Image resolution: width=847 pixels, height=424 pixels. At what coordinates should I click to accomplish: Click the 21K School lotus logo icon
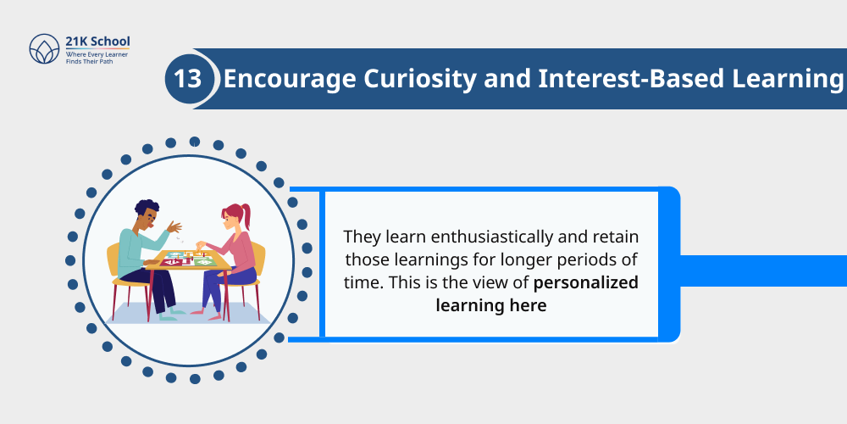(42, 49)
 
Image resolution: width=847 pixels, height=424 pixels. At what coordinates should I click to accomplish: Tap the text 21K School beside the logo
(97, 42)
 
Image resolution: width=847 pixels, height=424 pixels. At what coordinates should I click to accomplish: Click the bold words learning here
(490, 304)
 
